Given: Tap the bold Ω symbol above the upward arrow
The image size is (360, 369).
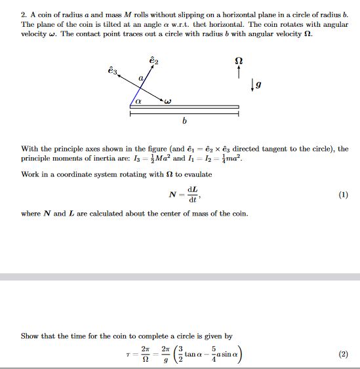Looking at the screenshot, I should [238, 61].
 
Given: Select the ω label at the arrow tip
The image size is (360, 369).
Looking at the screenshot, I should [168, 101].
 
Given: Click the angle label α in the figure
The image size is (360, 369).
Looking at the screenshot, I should [138, 101].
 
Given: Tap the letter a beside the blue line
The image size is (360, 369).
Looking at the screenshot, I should [140, 78].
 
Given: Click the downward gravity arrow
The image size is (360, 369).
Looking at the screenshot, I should [252, 84].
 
